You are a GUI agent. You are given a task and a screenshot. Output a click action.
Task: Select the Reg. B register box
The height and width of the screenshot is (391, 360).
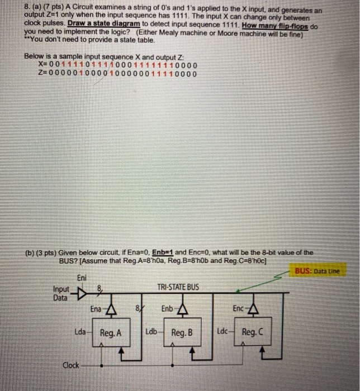(182, 333)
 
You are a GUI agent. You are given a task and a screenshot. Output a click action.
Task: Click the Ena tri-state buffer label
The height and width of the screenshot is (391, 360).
(96, 308)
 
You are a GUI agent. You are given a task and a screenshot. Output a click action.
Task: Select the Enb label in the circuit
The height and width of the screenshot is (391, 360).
(167, 308)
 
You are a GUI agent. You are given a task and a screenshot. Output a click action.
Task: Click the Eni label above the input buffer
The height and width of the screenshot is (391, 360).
(81, 278)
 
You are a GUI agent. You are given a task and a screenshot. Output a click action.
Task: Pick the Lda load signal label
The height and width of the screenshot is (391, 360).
(80, 332)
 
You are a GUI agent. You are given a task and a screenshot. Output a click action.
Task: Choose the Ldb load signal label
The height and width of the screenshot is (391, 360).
(151, 332)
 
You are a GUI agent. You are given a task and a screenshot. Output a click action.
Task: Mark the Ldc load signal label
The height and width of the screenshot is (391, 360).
(222, 332)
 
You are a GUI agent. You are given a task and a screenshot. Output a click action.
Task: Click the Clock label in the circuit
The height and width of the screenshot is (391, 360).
(70, 365)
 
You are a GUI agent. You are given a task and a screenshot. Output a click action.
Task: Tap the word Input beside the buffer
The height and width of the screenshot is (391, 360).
(61, 289)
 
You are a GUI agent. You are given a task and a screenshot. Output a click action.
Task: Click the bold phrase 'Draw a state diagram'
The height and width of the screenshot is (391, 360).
(103, 25)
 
